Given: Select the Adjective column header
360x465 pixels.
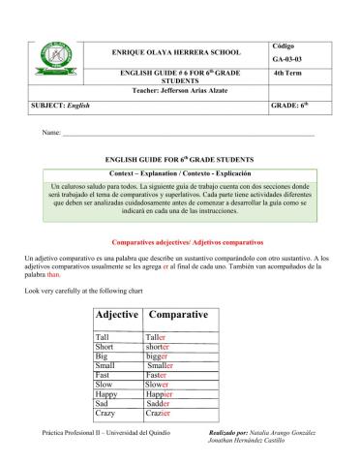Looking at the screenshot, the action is point(118,315).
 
